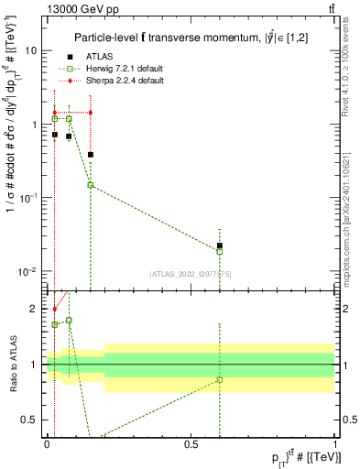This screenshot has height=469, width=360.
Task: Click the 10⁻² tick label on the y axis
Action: point(27,271)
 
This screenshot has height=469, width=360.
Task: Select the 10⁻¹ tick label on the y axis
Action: point(27,198)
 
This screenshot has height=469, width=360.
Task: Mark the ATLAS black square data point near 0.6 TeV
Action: point(220,245)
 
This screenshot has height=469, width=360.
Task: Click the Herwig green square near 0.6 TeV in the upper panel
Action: point(220,251)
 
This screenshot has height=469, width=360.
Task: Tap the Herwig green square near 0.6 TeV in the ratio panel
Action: point(220,379)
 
